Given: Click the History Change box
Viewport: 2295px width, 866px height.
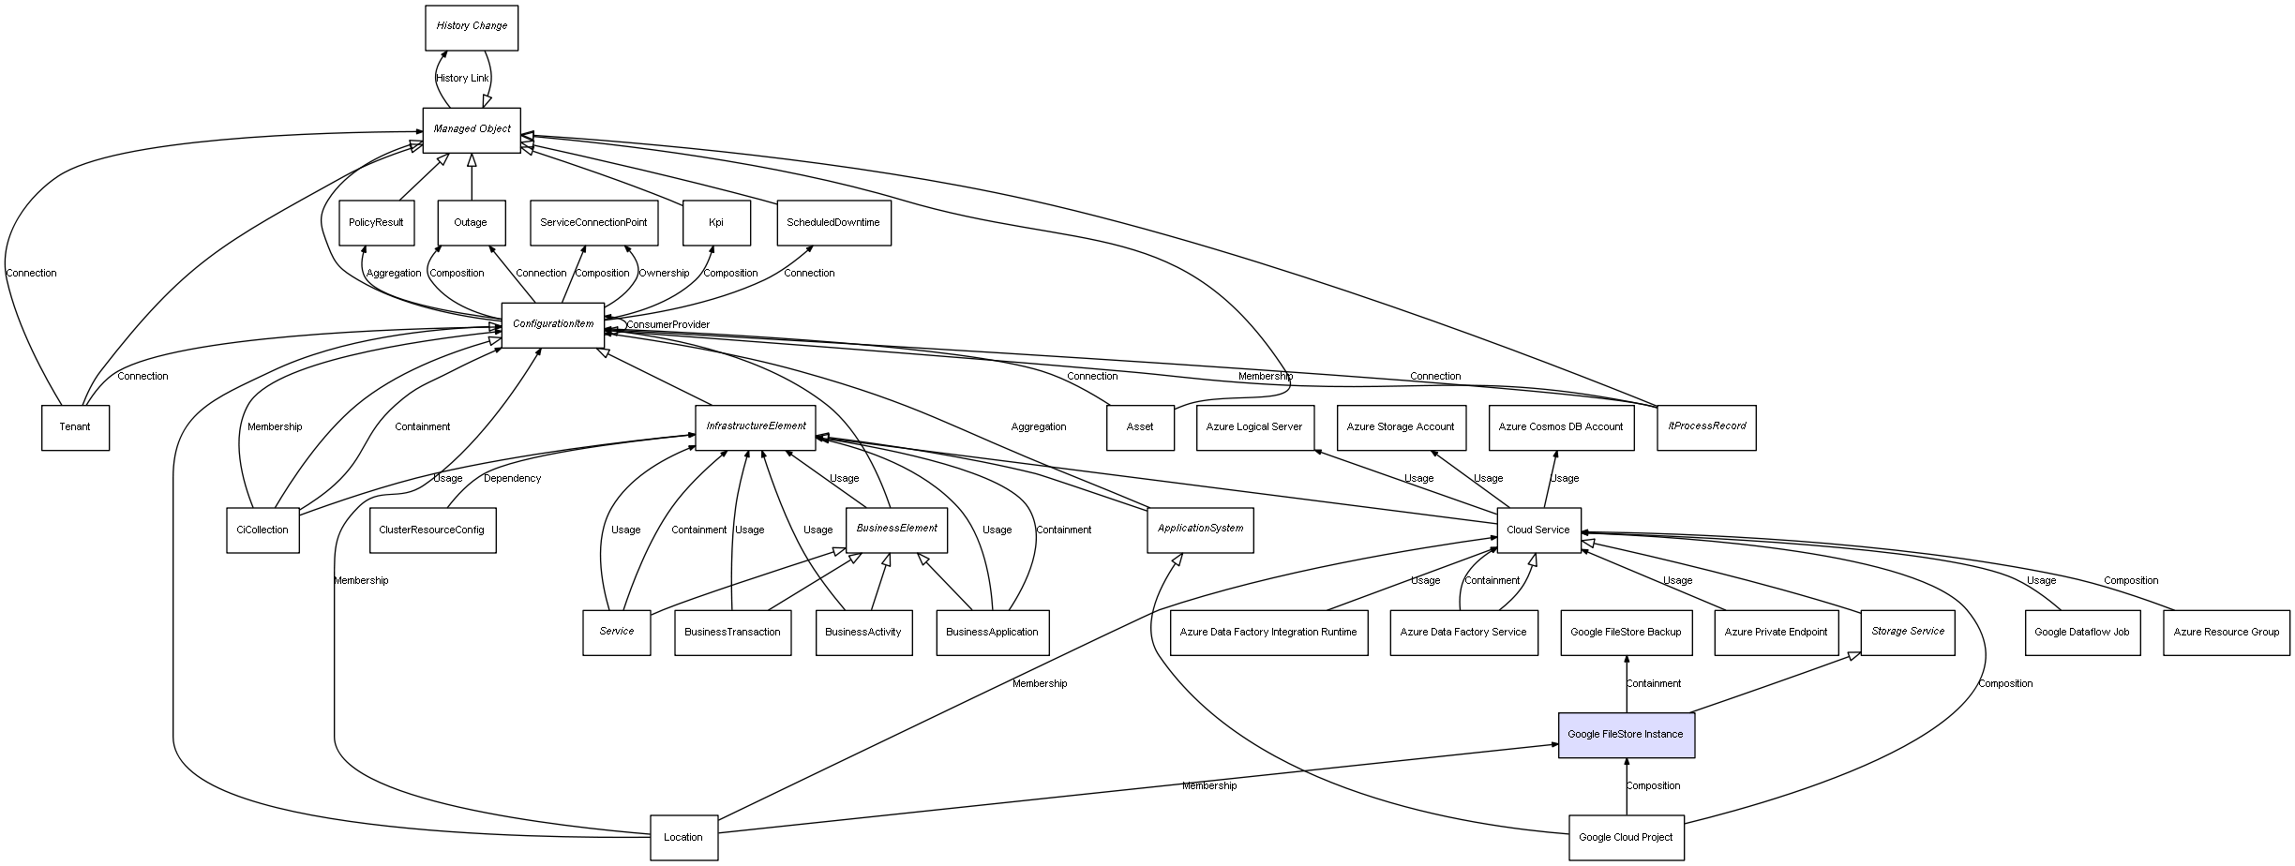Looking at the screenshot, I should click(x=472, y=27).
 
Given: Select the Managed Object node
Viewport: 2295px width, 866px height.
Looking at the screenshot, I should click(x=472, y=129).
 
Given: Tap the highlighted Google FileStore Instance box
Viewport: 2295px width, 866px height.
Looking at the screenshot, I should click(x=1626, y=735).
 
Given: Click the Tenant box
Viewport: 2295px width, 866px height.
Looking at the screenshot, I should click(x=75, y=427).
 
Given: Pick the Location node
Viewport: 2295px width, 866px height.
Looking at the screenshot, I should click(x=683, y=838).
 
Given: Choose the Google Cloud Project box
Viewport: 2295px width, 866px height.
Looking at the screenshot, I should click(x=1626, y=838).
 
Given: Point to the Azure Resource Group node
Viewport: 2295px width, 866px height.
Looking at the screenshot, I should click(x=2226, y=633).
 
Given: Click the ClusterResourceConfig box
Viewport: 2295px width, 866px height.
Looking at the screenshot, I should click(x=432, y=530).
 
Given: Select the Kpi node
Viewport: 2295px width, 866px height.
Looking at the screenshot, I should click(x=716, y=223).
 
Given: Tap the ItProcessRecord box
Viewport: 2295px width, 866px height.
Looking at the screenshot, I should click(x=1706, y=427).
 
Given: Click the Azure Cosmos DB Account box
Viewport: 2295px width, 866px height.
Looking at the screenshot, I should click(x=1561, y=427).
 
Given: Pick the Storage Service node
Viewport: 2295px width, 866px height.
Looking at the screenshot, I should click(x=1907, y=633).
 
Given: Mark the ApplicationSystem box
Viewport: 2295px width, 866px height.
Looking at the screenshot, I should click(x=1200, y=530).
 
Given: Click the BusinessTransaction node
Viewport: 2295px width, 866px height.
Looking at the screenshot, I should click(x=732, y=633).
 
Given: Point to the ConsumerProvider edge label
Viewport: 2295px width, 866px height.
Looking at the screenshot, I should click(x=667, y=325).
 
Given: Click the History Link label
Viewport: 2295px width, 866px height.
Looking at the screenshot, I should click(x=462, y=79).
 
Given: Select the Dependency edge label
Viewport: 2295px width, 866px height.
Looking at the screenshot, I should click(x=512, y=479).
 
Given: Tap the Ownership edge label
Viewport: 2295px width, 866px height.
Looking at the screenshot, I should click(x=664, y=274).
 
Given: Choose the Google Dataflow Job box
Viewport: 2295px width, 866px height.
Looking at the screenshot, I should click(x=2081, y=633).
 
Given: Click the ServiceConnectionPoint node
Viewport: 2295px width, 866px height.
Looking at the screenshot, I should click(x=593, y=223).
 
